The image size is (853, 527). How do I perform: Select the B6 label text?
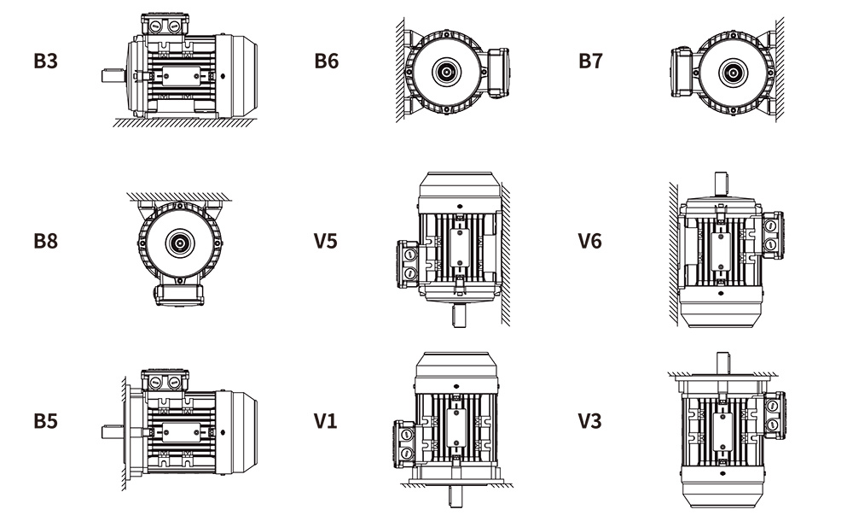click(x=327, y=61)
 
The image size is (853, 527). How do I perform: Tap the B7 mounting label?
click(x=591, y=61)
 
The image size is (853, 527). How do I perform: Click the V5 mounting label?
click(x=326, y=241)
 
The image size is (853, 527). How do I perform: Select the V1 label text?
click(x=326, y=421)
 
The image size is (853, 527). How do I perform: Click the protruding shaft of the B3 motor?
click(x=112, y=75)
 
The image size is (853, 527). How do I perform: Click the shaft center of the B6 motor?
click(x=445, y=72)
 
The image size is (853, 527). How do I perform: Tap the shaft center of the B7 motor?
click(x=730, y=72)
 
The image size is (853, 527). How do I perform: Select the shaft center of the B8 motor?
click(x=180, y=243)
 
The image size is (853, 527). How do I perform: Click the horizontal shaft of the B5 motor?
click(x=113, y=431)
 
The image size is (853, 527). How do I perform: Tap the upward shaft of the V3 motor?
click(x=723, y=361)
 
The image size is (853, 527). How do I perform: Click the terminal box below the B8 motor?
click(x=179, y=292)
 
